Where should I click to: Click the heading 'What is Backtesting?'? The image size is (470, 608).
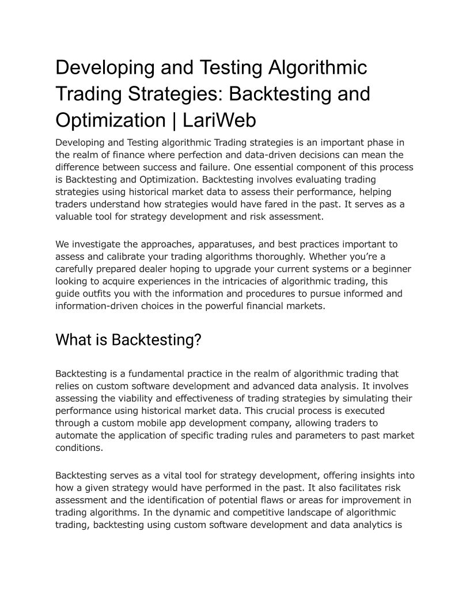[x=128, y=340]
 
